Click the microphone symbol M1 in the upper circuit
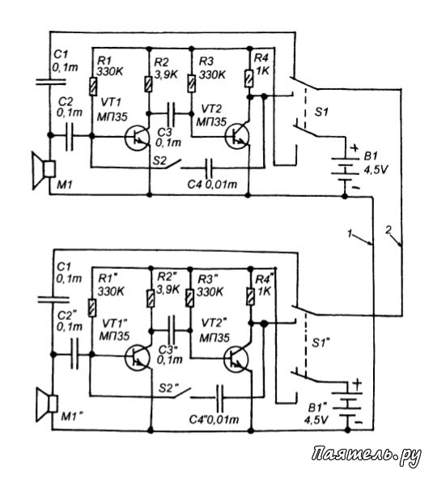44,170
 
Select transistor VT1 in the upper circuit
137,138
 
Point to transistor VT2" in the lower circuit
236,359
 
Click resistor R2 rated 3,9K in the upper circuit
149,84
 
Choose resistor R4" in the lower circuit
250,297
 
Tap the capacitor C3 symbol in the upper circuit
172,114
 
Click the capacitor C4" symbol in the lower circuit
219,398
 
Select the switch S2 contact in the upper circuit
173,164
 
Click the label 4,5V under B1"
316,420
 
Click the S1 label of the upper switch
321,112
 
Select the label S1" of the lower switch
321,344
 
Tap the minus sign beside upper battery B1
356,187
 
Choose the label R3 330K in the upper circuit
212,68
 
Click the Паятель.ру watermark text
367,455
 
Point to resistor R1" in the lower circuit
92,308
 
